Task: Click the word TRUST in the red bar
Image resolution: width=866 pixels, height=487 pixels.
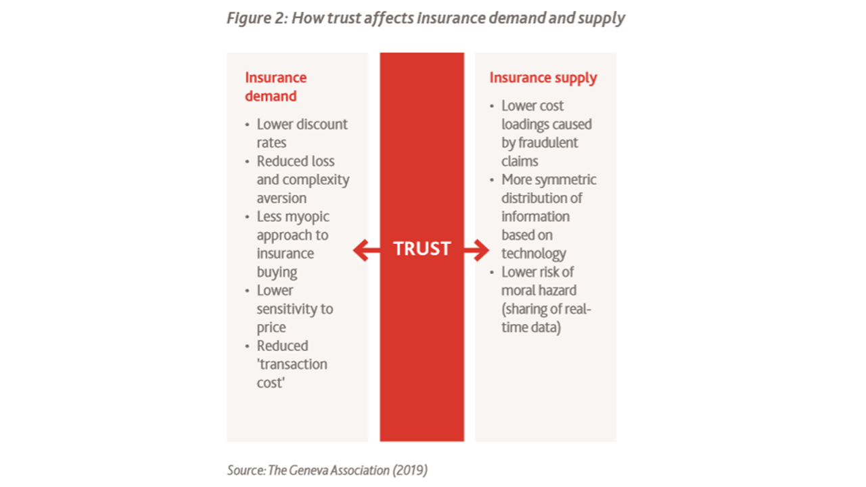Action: click(x=421, y=249)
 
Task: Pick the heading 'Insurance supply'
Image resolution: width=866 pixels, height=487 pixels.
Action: click(x=543, y=78)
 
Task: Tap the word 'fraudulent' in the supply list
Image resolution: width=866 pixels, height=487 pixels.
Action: click(x=548, y=143)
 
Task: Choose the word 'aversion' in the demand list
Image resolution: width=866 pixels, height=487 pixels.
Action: click(x=281, y=198)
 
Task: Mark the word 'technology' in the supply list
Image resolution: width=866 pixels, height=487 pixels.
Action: click(x=534, y=254)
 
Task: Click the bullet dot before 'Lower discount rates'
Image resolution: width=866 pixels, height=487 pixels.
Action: click(x=247, y=125)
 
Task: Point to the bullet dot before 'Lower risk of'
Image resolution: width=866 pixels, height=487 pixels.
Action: click(x=492, y=273)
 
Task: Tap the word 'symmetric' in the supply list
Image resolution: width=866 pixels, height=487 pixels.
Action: click(x=567, y=180)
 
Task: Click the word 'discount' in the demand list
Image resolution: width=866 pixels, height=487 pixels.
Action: click(x=321, y=124)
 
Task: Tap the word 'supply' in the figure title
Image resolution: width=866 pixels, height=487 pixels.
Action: click(x=601, y=18)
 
